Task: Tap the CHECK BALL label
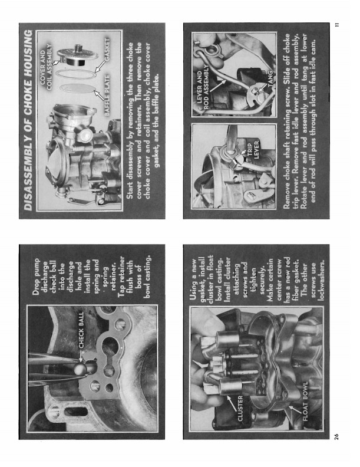pos(81,330)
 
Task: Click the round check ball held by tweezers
pos(80,369)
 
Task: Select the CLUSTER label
pos(240,408)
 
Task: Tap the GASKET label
pos(107,50)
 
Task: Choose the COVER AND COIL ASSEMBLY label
pos(45,67)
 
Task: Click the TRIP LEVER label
pos(253,150)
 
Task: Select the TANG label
pos(270,78)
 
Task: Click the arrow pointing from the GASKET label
pos(100,67)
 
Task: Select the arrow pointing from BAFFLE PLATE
pos(100,96)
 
